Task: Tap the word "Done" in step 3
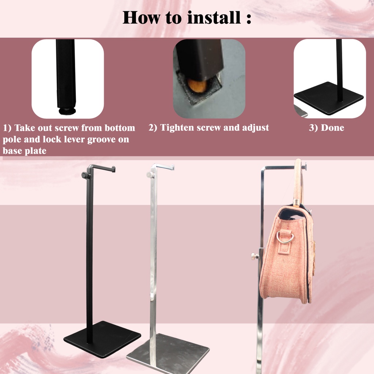(x=332, y=128)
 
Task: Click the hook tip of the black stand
(x=114, y=169)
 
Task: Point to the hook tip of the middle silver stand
(x=172, y=168)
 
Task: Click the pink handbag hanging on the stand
(x=287, y=256)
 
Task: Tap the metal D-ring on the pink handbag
(x=285, y=237)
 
